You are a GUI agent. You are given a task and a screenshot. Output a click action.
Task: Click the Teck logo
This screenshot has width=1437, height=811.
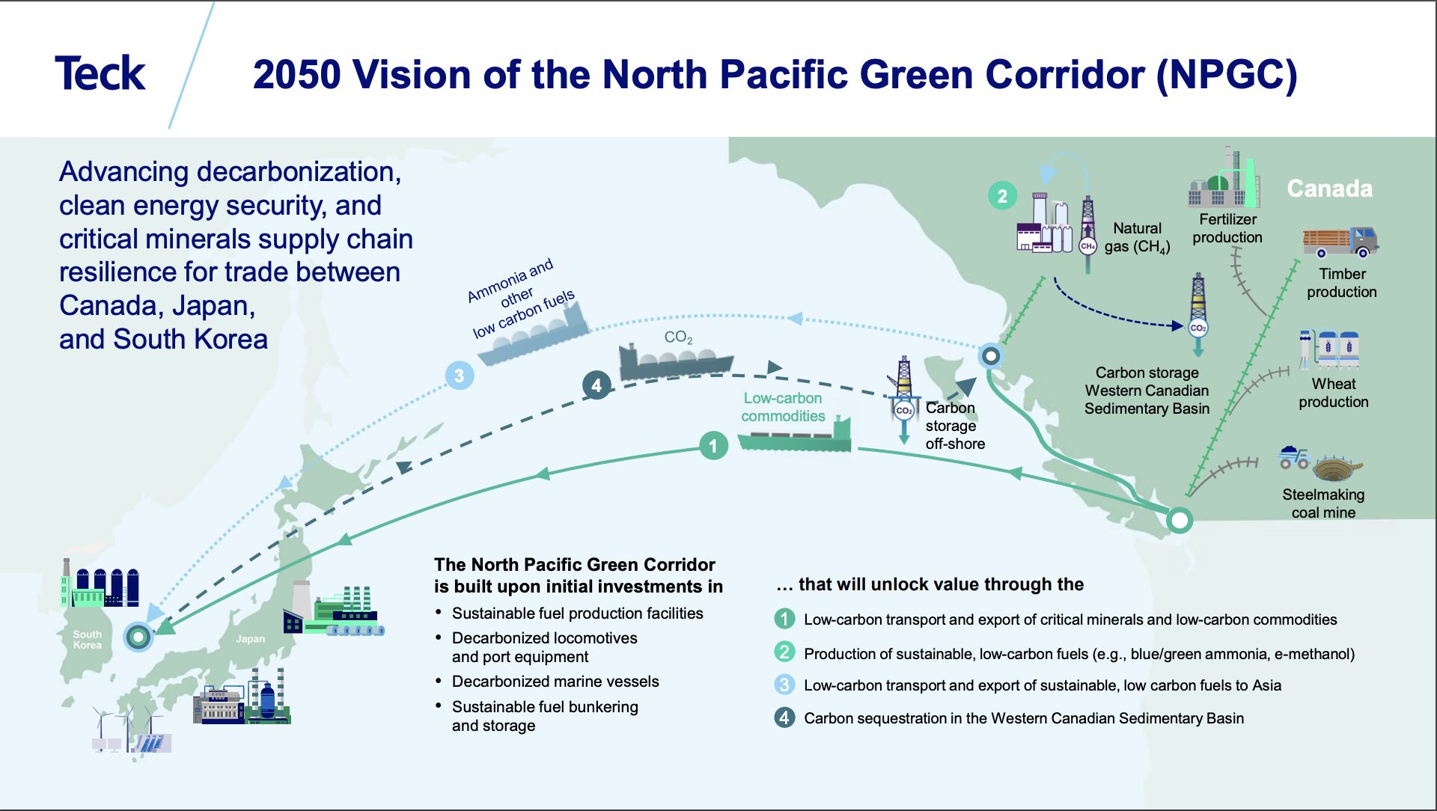pos(100,73)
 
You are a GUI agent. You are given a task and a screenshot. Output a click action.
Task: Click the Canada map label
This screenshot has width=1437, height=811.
pos(1329,189)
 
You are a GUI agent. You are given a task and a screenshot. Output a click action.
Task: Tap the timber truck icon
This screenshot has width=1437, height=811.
pos(1340,242)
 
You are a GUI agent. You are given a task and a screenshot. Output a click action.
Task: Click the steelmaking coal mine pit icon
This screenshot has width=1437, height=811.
pos(1337,469)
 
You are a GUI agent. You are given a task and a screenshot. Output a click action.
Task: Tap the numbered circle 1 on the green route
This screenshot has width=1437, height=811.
pos(713,447)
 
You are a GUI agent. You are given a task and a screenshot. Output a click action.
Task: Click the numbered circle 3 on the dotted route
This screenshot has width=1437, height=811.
pos(459,376)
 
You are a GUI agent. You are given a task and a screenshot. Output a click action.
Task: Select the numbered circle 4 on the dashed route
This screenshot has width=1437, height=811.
pos(597,386)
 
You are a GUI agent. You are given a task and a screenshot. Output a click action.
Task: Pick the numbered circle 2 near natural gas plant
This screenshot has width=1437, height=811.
pos(1002,196)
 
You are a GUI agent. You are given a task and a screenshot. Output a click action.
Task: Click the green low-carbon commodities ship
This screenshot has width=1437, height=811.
pos(796,437)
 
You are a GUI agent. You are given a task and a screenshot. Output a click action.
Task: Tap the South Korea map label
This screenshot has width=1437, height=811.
pos(88,640)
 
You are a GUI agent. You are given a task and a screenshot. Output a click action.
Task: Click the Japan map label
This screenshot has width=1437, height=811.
pos(250,639)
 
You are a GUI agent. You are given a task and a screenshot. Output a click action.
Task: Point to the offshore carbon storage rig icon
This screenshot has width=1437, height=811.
pos(904,397)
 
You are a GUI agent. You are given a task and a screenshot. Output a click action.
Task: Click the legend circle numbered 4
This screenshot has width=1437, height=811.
pos(784,718)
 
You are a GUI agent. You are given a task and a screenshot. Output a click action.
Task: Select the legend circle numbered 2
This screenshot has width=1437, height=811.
pos(784,652)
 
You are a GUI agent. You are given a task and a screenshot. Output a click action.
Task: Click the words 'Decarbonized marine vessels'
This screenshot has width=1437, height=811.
pos(555,682)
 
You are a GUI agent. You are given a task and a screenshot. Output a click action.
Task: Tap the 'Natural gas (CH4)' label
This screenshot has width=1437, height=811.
pos(1137,237)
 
